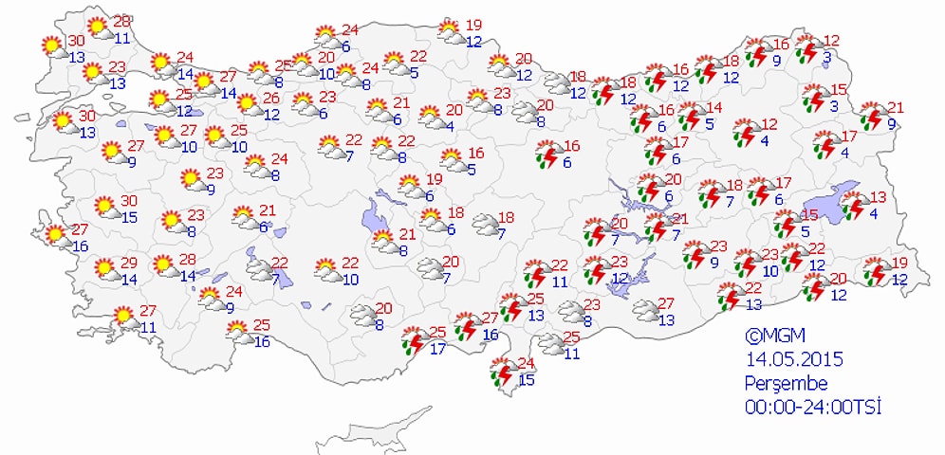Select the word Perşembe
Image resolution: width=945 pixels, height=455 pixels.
[787, 384]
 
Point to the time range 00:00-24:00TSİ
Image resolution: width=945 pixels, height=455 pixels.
[813, 408]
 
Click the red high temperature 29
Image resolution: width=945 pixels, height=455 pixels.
[129, 263]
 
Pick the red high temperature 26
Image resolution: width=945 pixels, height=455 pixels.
[270, 98]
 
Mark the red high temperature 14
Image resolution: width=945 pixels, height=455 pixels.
[713, 108]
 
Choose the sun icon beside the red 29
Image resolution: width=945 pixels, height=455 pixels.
[105, 269]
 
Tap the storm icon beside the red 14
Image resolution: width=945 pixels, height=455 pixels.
[690, 116]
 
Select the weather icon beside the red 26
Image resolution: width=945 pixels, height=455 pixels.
[248, 103]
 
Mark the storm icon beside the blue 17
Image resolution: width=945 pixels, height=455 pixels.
[413, 340]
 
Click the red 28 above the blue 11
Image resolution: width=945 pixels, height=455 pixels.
[121, 21]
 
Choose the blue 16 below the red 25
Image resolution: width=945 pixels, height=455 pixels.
[262, 341]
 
